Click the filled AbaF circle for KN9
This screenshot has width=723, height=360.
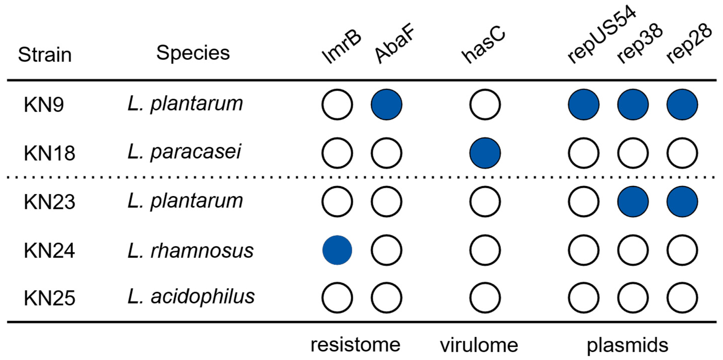tap(386, 104)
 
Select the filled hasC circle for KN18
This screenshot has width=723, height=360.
tap(485, 153)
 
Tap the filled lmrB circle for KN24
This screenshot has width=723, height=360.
tap(337, 250)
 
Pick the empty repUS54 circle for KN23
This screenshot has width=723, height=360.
tap(584, 202)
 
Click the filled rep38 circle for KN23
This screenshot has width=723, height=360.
tap(633, 202)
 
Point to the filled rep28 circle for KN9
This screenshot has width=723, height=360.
tap(682, 104)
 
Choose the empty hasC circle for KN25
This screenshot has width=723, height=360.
tap(485, 298)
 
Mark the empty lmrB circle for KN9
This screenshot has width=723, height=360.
tap(337, 104)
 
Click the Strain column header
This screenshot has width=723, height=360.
tap(45, 55)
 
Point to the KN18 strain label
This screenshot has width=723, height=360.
tap(49, 153)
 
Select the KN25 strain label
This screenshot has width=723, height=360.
tap(49, 298)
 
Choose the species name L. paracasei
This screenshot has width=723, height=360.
tap(184, 152)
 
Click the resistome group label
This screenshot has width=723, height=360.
tap(355, 345)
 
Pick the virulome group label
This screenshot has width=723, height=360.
tap(479, 345)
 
